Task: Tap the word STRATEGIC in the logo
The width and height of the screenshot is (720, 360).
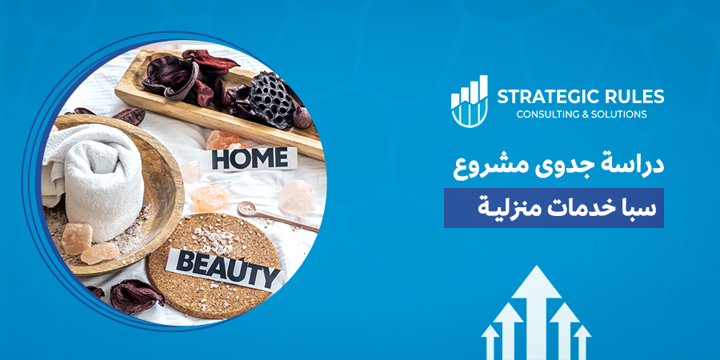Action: [x=543, y=97]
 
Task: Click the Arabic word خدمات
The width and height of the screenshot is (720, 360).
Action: [x=577, y=208]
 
